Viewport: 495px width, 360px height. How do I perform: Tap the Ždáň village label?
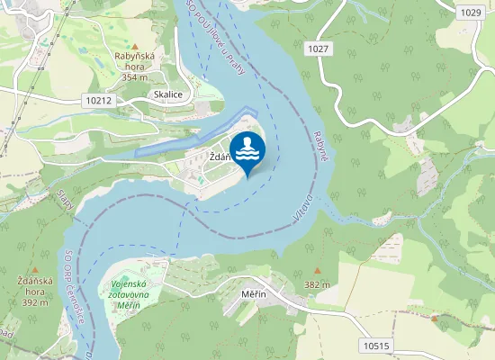(x=219, y=157)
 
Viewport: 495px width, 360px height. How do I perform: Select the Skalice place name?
(x=168, y=94)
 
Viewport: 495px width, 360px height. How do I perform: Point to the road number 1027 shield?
(x=315, y=48)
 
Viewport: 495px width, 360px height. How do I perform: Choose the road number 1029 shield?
(x=470, y=12)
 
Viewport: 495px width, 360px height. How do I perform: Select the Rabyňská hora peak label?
(x=135, y=65)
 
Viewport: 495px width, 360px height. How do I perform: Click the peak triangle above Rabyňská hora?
(x=135, y=46)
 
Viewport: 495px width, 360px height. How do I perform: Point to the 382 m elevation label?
(x=317, y=284)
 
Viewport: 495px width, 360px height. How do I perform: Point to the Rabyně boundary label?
(x=321, y=146)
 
